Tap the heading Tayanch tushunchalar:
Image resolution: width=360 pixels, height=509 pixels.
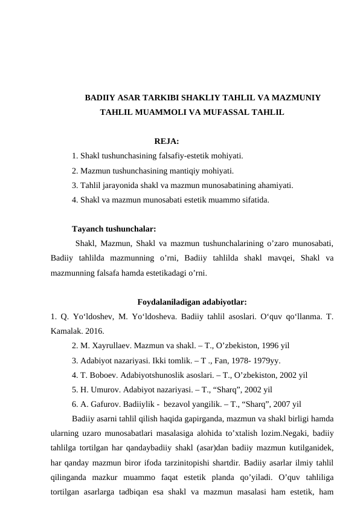tap(114, 229)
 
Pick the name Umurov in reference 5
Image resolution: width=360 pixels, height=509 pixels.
tap(102, 389)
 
